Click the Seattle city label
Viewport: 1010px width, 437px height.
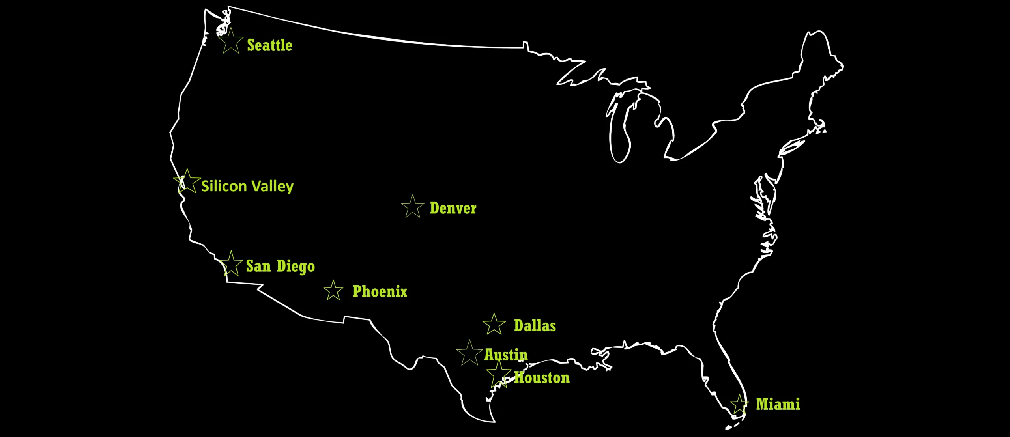pyautogui.click(x=269, y=45)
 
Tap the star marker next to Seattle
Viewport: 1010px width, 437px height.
pyautogui.click(x=231, y=41)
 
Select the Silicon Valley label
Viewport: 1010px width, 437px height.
pyautogui.click(x=247, y=186)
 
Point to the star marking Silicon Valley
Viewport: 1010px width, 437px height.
pyautogui.click(x=187, y=182)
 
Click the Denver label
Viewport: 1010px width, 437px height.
pyautogui.click(x=453, y=208)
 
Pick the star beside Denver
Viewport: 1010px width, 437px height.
pyautogui.click(x=413, y=207)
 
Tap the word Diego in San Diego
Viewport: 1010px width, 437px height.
pyautogui.click(x=296, y=267)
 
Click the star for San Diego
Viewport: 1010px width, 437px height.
pyautogui.click(x=231, y=264)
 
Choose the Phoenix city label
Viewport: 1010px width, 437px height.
pyautogui.click(x=380, y=291)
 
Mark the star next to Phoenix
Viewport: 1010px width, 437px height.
pyautogui.click(x=333, y=291)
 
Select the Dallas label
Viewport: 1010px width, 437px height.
pyautogui.click(x=535, y=326)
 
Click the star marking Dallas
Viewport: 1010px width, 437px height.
pyautogui.click(x=494, y=325)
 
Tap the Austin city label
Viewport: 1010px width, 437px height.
pyautogui.click(x=506, y=355)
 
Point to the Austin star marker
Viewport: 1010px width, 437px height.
pyautogui.click(x=469, y=353)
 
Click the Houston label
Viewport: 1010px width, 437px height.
pyautogui.click(x=542, y=378)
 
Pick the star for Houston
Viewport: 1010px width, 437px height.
pyautogui.click(x=499, y=374)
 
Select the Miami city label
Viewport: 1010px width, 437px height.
pyautogui.click(x=778, y=404)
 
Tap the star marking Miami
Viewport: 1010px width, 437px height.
pyautogui.click(x=739, y=405)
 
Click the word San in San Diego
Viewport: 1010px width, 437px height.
pyautogui.click(x=258, y=266)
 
